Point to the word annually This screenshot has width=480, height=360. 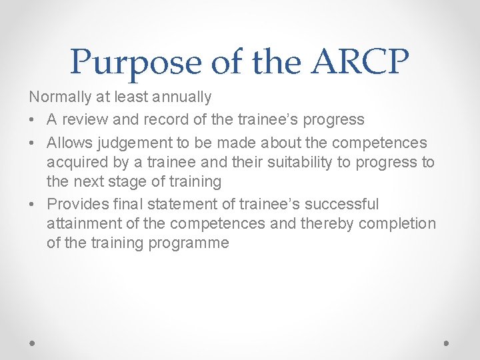click(181, 97)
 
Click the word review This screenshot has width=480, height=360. click(83, 120)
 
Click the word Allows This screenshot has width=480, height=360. click(70, 143)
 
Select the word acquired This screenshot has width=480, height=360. click(75, 162)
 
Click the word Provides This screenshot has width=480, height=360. click(77, 204)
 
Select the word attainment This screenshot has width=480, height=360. click(79, 223)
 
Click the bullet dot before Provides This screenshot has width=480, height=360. click(33, 204)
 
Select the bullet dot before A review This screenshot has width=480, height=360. click(33, 120)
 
